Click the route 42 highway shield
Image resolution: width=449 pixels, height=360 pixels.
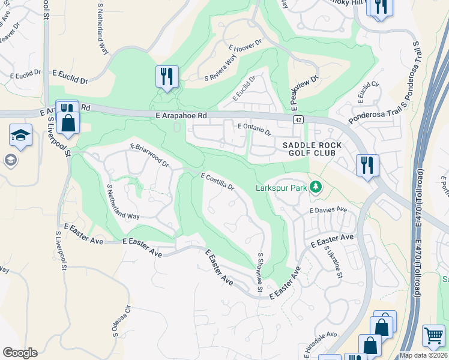point(298,120)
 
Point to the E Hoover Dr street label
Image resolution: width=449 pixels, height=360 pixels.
point(246,46)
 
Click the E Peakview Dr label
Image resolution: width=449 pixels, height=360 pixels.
point(304,92)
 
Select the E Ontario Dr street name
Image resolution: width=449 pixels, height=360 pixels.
point(255,128)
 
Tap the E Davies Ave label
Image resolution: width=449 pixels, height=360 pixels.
point(328,210)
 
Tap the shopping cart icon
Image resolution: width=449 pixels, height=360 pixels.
point(433,335)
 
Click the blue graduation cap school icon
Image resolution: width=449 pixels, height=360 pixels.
point(20,135)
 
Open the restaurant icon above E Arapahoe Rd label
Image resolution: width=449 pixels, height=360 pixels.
point(166,76)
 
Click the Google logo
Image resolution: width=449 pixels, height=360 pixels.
point(20,353)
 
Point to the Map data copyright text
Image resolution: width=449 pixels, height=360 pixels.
point(423,355)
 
